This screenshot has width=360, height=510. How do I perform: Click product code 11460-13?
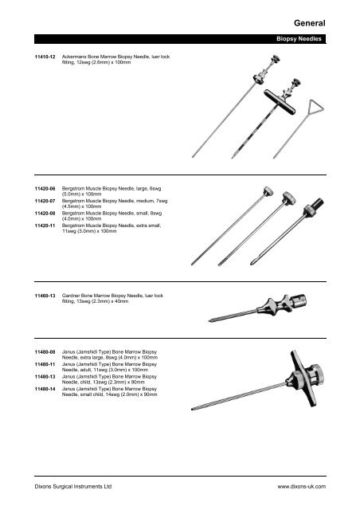click(x=43, y=295)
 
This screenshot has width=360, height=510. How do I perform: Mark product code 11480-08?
click(x=43, y=351)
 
